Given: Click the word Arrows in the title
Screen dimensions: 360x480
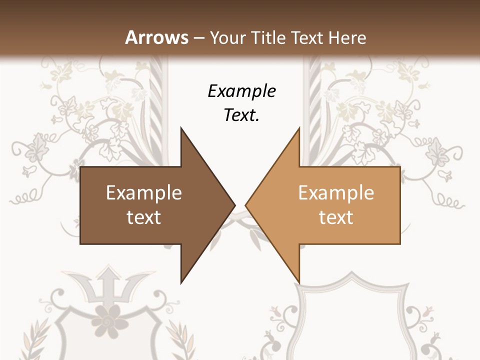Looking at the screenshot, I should pos(156,37).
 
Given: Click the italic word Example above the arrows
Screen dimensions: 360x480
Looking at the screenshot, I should pos(241,91).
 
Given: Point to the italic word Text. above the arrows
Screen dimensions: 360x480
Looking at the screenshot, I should pos(241,115).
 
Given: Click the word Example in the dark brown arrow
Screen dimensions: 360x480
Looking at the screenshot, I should pos(144,193).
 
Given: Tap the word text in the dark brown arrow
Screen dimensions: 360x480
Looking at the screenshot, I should pos(144,217).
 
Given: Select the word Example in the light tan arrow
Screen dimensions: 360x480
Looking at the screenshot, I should pos(336,193).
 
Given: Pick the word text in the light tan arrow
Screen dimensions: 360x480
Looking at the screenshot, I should pos(336,217).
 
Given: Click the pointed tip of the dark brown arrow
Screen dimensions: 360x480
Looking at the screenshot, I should pos(234,204).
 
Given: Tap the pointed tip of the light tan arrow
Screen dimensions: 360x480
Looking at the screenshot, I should pos(246,204).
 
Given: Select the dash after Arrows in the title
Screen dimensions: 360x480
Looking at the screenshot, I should pos(198,38).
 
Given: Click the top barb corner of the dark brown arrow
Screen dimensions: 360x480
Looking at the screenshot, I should pos(181,128).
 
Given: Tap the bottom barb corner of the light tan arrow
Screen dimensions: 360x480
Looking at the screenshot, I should pos(299,282).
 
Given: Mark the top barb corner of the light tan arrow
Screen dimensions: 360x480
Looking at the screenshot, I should pos(299,128).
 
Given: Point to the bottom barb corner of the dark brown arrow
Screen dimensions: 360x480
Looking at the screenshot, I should pos(181,282).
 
